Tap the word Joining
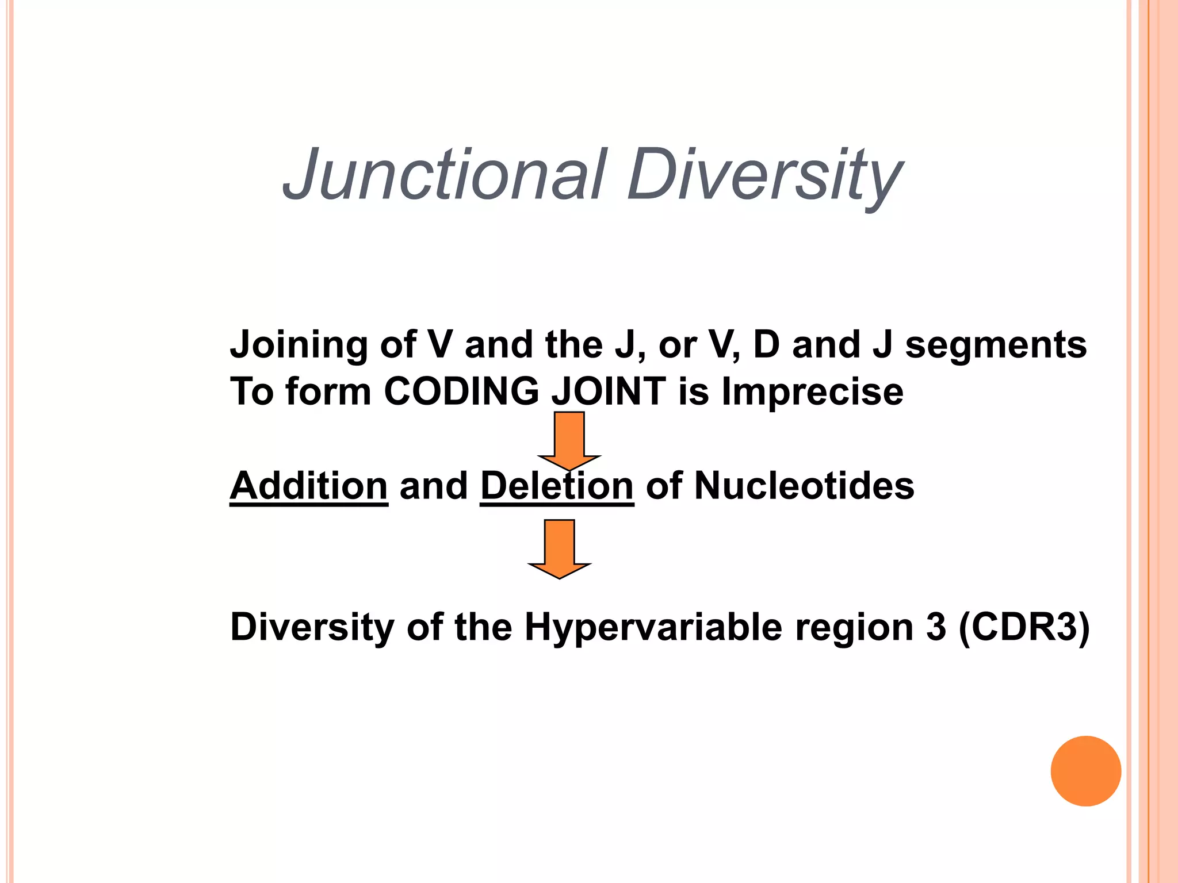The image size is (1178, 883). [298, 345]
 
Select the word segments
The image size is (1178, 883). [996, 345]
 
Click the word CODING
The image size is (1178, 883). [461, 391]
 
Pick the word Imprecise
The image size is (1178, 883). [812, 391]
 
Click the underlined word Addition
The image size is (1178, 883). [309, 486]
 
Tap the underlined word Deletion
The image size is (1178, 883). [557, 486]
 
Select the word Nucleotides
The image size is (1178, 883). [804, 486]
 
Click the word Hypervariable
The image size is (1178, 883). [653, 627]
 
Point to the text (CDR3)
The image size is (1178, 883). [1024, 627]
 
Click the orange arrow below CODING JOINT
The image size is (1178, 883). [569, 439]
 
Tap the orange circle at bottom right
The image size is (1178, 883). [1085, 771]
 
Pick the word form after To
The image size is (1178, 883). [328, 391]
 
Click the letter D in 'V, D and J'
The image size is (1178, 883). [766, 345]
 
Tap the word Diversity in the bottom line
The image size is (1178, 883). [312, 627]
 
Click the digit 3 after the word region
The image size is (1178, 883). [936, 627]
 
